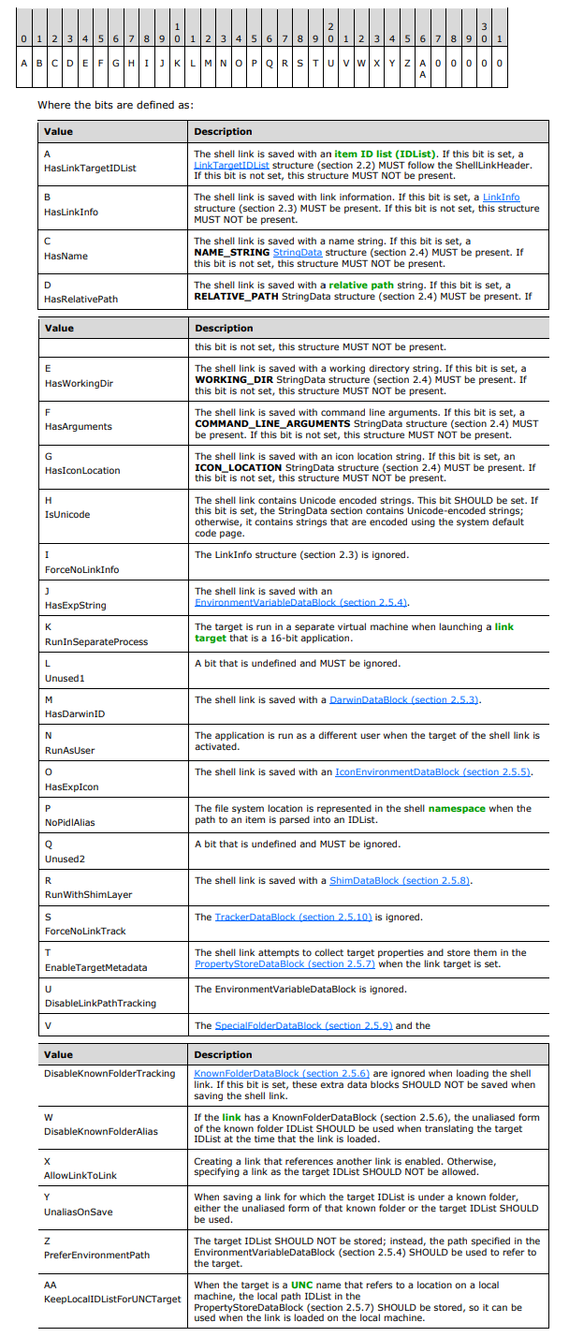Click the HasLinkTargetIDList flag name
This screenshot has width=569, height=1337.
click(x=90, y=168)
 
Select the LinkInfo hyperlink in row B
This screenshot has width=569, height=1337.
click(x=501, y=197)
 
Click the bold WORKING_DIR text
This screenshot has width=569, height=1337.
click(x=231, y=379)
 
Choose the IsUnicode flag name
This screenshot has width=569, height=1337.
click(x=67, y=514)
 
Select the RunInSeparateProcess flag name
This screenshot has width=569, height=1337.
click(x=95, y=642)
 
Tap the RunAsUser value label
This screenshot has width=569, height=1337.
click(x=69, y=750)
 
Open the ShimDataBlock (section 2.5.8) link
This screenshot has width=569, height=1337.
click(x=400, y=880)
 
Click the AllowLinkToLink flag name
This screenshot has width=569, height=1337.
click(x=80, y=1175)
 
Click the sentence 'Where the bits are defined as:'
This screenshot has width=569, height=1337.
click(x=115, y=104)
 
